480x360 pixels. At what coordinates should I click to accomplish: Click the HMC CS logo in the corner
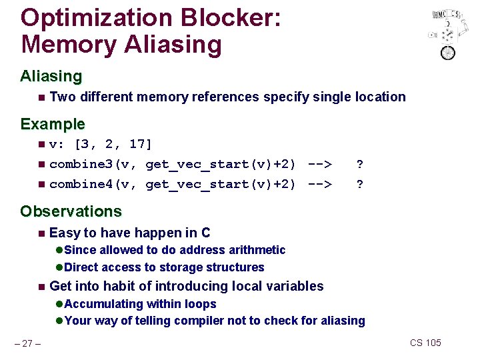coord(445,33)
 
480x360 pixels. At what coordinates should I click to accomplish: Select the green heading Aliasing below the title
coord(51,76)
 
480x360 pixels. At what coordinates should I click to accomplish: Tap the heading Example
coord(53,124)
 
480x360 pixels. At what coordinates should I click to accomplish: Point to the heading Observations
coord(71,211)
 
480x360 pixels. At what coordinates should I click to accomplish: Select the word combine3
coord(82,164)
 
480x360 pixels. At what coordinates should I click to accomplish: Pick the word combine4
coord(82,184)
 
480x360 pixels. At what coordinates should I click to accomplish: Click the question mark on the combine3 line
coord(360,164)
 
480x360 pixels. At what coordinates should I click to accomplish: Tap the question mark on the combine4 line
coord(360,184)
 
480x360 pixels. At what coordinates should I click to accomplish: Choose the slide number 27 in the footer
coord(27,343)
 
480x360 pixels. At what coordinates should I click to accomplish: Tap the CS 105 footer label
coord(425,343)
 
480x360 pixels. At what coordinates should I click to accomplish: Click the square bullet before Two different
coord(42,97)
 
